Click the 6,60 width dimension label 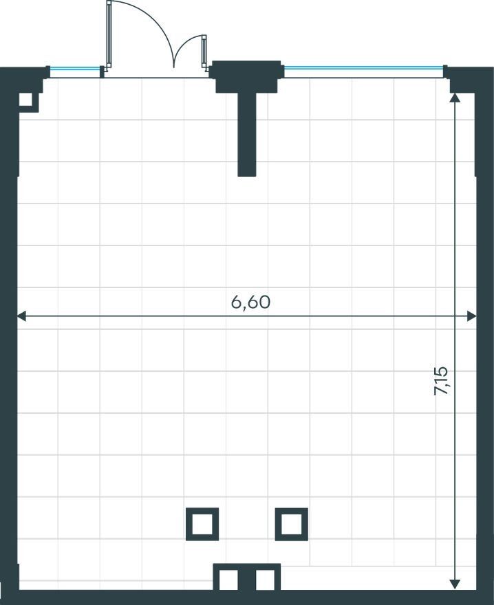tap(250, 302)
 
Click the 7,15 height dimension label tap(441, 380)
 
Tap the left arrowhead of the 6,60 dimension tap(21, 316)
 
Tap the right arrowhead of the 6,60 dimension tap(471, 316)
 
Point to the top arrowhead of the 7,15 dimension tap(455, 97)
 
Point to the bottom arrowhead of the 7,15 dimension tap(455, 584)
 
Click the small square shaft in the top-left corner tap(26, 100)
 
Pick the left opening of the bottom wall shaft tap(228, 580)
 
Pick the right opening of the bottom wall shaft tap(265, 580)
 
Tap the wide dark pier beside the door tap(246, 76)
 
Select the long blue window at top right tap(363, 68)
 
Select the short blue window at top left tap(75, 69)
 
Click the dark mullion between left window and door tap(103, 71)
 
